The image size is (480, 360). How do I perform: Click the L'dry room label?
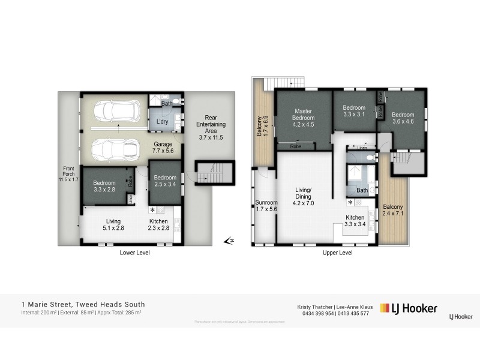pos(161,122)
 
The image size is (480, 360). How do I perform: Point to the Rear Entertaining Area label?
pos(209,125)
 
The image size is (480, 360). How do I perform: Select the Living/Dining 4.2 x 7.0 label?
pos(305,198)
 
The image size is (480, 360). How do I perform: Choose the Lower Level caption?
pos(134,253)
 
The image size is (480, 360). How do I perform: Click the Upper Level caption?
pos(337,253)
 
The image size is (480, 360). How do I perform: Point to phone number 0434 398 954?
pos(315,313)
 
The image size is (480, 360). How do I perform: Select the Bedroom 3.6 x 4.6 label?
pos(403,118)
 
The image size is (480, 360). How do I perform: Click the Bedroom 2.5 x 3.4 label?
pos(165,181)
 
